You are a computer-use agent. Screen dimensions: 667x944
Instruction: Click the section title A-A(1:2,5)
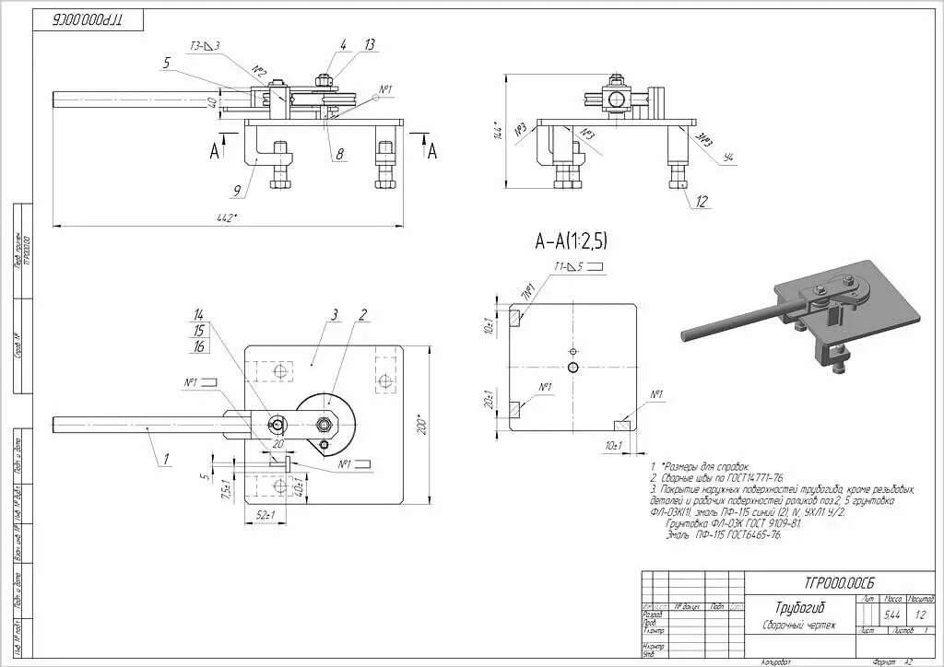571,241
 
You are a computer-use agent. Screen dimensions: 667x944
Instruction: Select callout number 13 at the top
370,44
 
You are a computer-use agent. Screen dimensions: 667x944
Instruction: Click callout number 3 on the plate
336,315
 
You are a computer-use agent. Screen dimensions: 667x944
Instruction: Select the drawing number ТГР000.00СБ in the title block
839,582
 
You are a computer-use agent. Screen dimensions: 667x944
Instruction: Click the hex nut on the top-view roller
323,424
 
